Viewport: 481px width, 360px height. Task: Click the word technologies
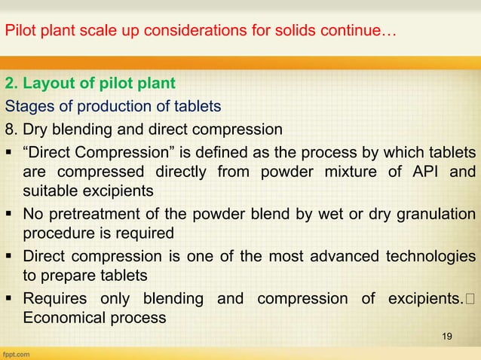coord(427,255)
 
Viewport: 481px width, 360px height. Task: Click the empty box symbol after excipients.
coord(470,298)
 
